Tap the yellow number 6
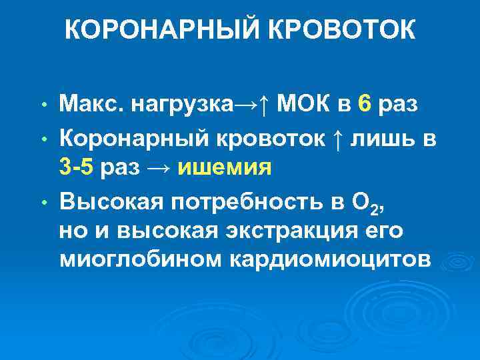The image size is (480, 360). (364, 104)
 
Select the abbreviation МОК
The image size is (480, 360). (305, 104)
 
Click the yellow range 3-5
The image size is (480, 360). (76, 167)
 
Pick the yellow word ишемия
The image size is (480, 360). (225, 167)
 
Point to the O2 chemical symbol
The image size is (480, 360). (367, 200)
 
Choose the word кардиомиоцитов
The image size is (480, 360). (331, 261)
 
